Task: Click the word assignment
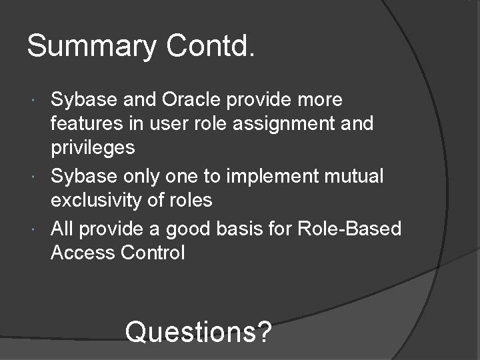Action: tap(281, 124)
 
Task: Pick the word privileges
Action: tap(93, 148)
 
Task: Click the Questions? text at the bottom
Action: tap(198, 330)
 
